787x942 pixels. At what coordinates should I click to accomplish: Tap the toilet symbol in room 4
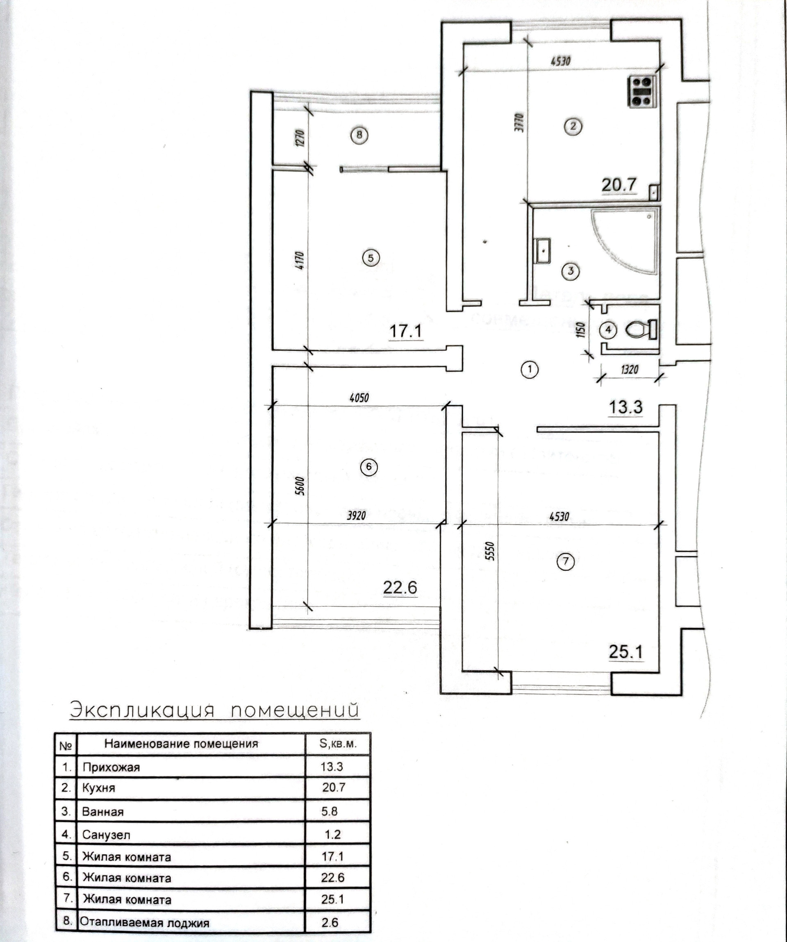coord(640,330)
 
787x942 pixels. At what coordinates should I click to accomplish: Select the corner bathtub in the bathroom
coord(628,240)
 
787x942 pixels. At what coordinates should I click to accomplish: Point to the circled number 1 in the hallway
coord(530,369)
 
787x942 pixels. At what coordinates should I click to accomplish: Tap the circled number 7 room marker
coord(565,561)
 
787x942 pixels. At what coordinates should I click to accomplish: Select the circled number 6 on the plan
coord(369,467)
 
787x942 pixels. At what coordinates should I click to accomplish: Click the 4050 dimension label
coord(359,397)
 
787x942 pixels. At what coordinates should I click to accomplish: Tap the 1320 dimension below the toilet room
coord(629,370)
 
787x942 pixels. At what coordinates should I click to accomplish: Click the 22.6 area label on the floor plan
coord(400,587)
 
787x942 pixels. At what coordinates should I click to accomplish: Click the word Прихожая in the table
coord(111,767)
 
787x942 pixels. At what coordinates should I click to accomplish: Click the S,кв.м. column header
coord(338,744)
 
